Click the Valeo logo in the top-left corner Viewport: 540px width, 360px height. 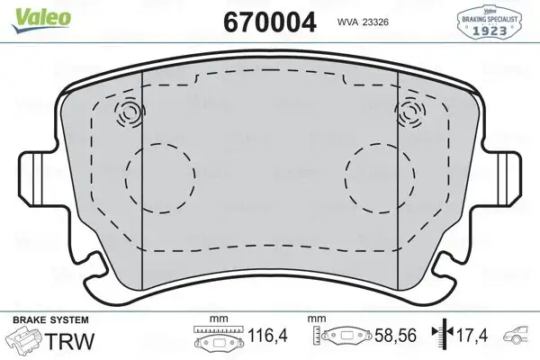(31, 10)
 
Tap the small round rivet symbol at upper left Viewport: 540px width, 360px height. (129, 113)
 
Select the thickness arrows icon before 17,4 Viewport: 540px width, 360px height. (442, 337)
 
